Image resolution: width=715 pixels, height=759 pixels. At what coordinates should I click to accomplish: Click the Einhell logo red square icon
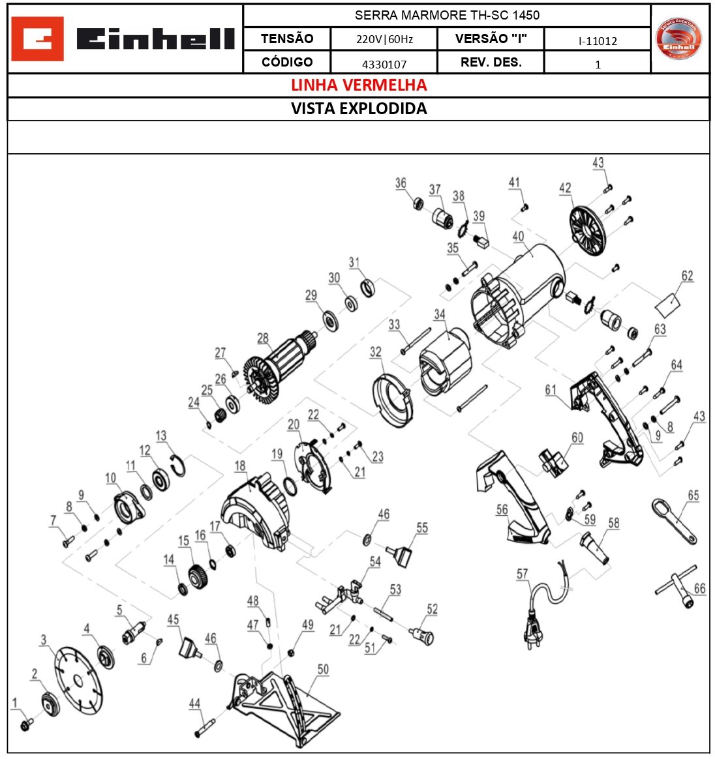38,39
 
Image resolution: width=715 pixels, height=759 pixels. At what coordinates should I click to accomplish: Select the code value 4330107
384,64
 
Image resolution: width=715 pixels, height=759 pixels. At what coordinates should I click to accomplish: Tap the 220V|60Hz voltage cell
384,39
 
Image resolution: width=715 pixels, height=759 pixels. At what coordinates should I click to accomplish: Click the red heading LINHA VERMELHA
358,85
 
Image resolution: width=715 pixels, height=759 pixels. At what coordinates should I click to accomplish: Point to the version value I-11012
597,41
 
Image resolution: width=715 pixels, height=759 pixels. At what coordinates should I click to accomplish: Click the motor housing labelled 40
519,293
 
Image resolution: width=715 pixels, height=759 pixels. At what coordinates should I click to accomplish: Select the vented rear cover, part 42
588,231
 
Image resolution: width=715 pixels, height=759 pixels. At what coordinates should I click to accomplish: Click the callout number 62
687,276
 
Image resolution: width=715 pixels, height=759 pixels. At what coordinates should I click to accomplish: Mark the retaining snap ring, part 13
177,465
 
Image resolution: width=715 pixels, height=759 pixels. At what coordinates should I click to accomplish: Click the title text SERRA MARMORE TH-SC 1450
447,15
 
